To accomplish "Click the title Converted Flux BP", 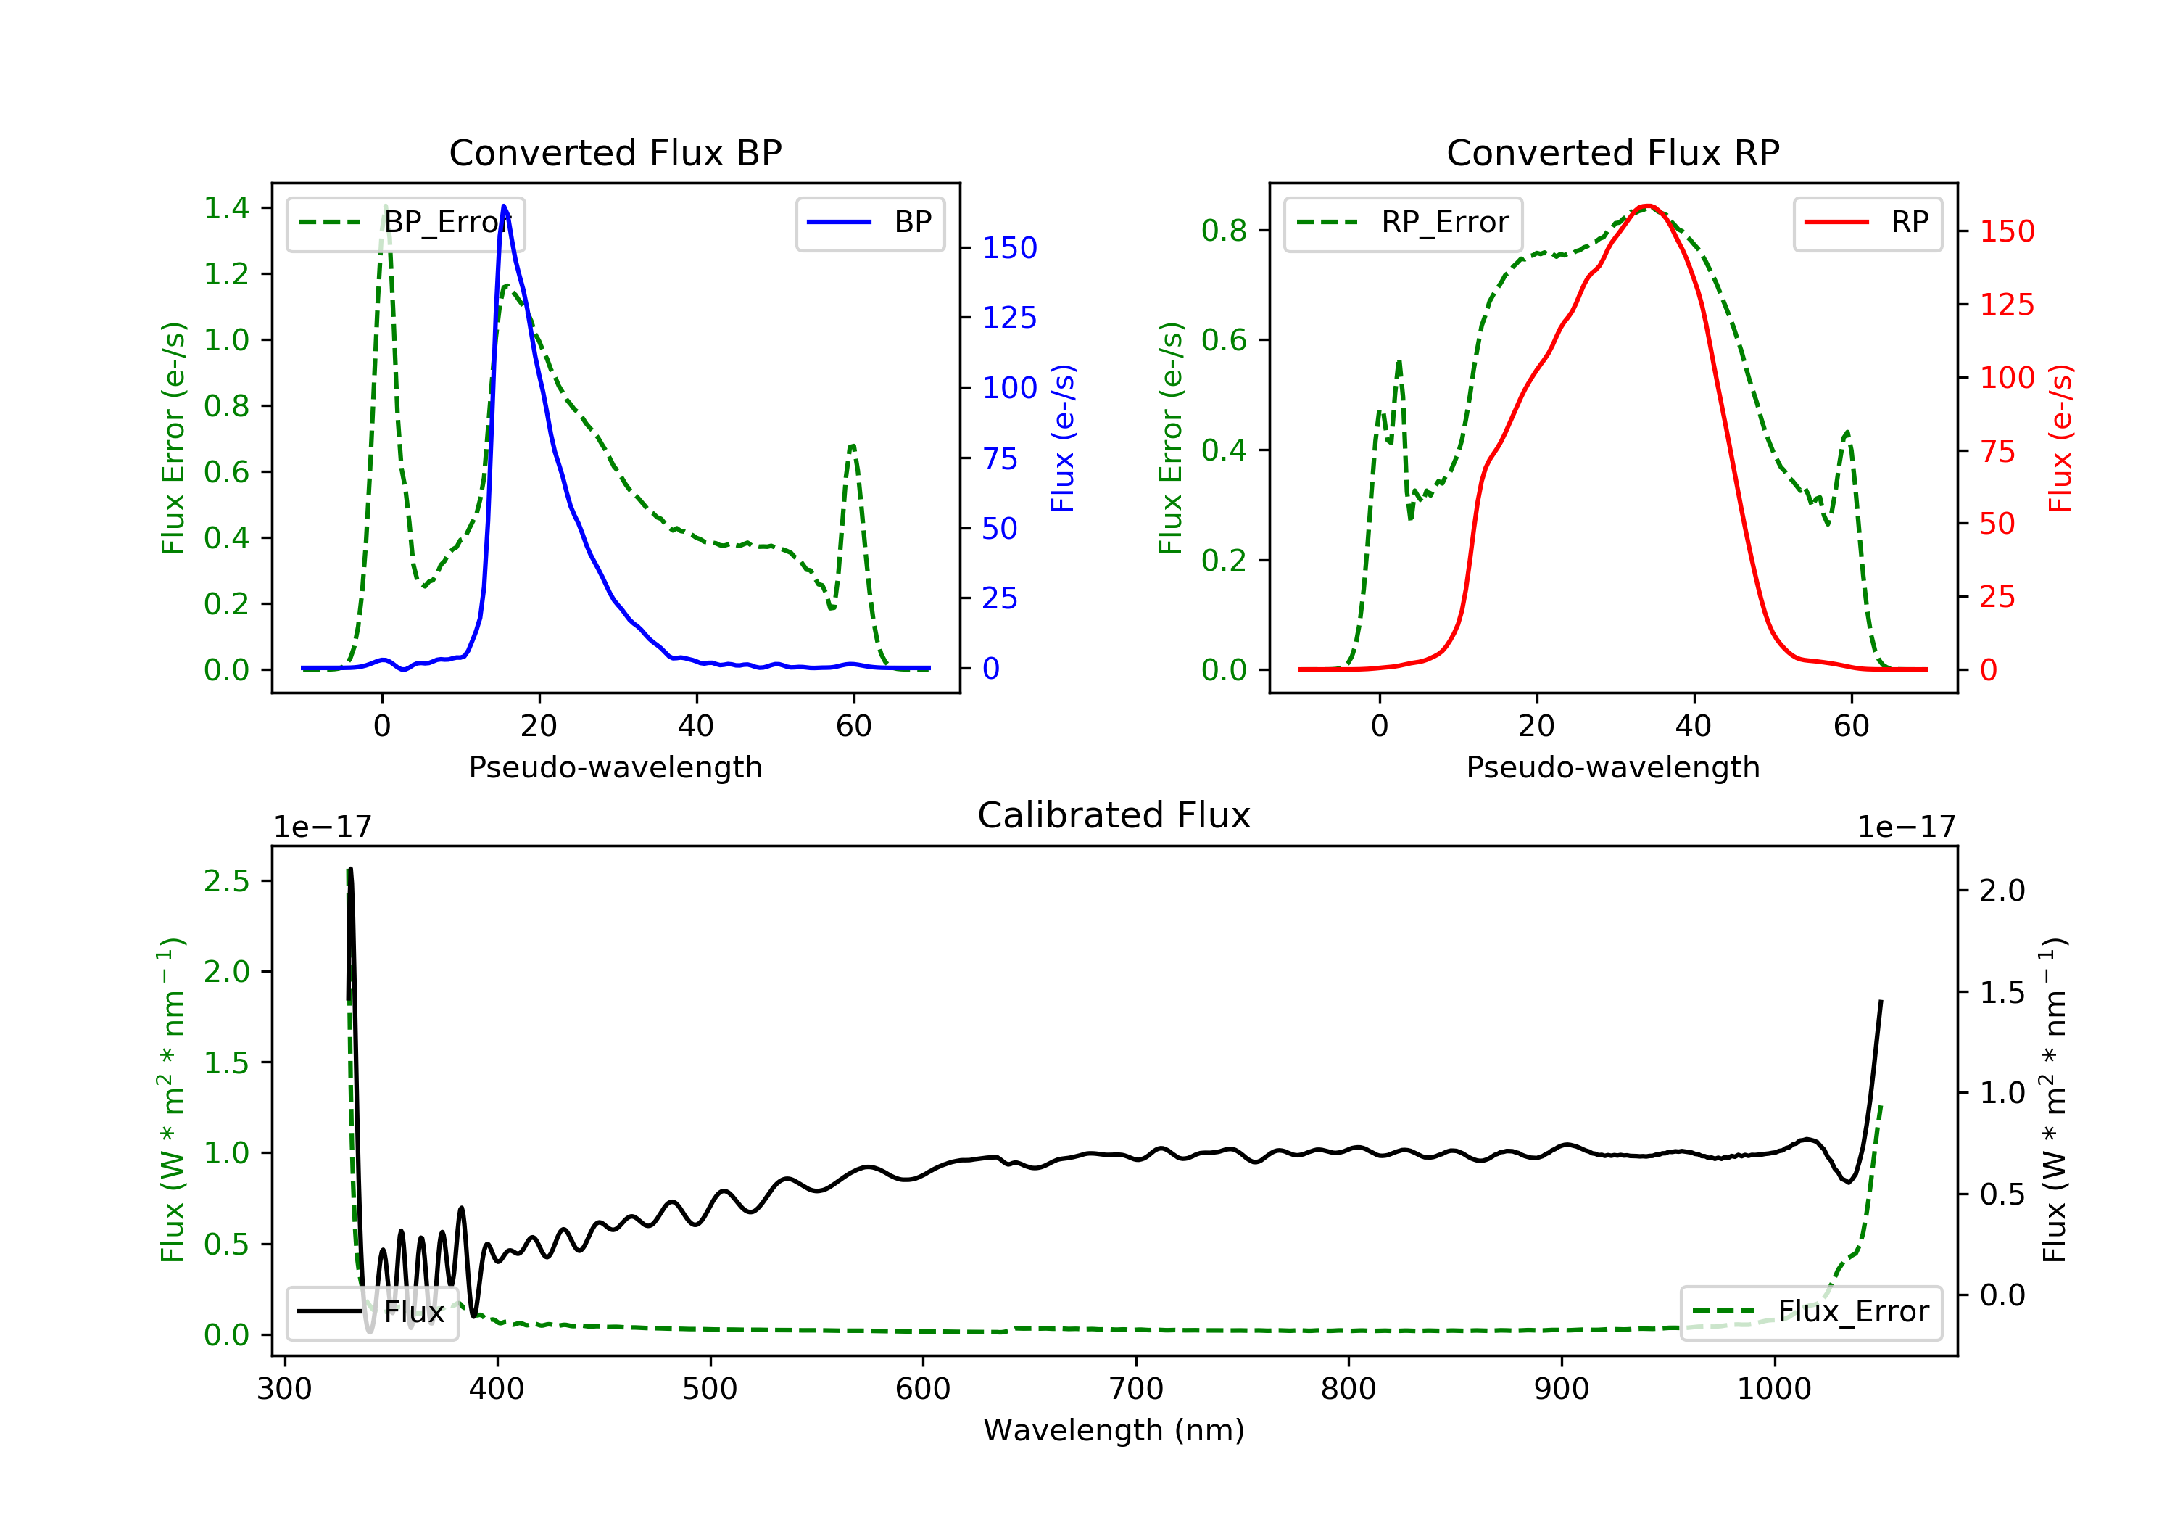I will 615,152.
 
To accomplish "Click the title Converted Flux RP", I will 1612,152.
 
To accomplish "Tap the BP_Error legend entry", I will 405,223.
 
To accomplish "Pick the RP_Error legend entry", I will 1403,223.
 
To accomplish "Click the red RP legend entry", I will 1867,223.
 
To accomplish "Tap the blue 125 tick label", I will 1009,318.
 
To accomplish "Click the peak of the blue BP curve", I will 504,206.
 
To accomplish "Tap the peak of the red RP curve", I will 1649,206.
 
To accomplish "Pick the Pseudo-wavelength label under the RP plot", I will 1612,767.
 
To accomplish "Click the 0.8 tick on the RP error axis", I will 1224,231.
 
